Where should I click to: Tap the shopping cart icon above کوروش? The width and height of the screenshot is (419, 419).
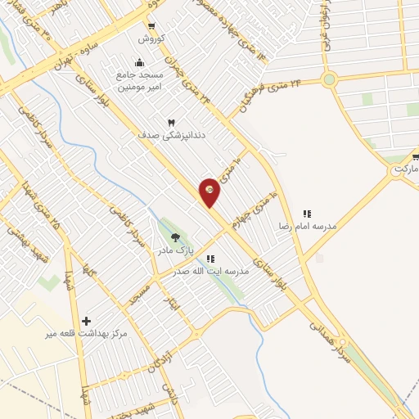(x=151, y=26)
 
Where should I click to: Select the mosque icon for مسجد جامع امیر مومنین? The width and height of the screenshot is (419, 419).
(x=138, y=62)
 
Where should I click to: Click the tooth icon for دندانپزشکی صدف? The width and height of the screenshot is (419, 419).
(x=172, y=122)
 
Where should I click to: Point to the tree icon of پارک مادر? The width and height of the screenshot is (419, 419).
(x=175, y=237)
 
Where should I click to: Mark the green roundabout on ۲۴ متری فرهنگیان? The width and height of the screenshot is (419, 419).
(x=329, y=79)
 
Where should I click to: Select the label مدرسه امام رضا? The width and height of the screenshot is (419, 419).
(x=308, y=225)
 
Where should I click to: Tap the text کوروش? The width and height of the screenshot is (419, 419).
(x=151, y=38)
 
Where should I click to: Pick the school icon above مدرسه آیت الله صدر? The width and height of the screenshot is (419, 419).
(x=210, y=259)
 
